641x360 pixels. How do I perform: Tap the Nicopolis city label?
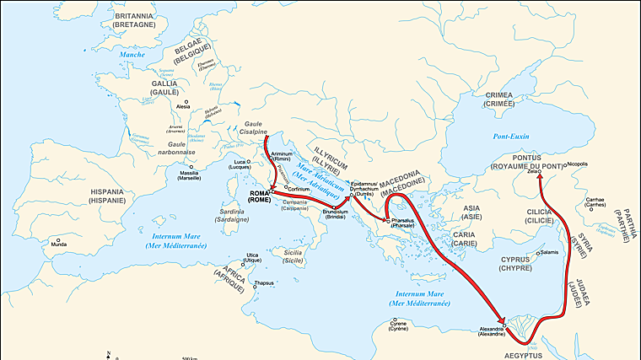coord(576,164)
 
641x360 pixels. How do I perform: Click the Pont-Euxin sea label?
coord(509,136)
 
